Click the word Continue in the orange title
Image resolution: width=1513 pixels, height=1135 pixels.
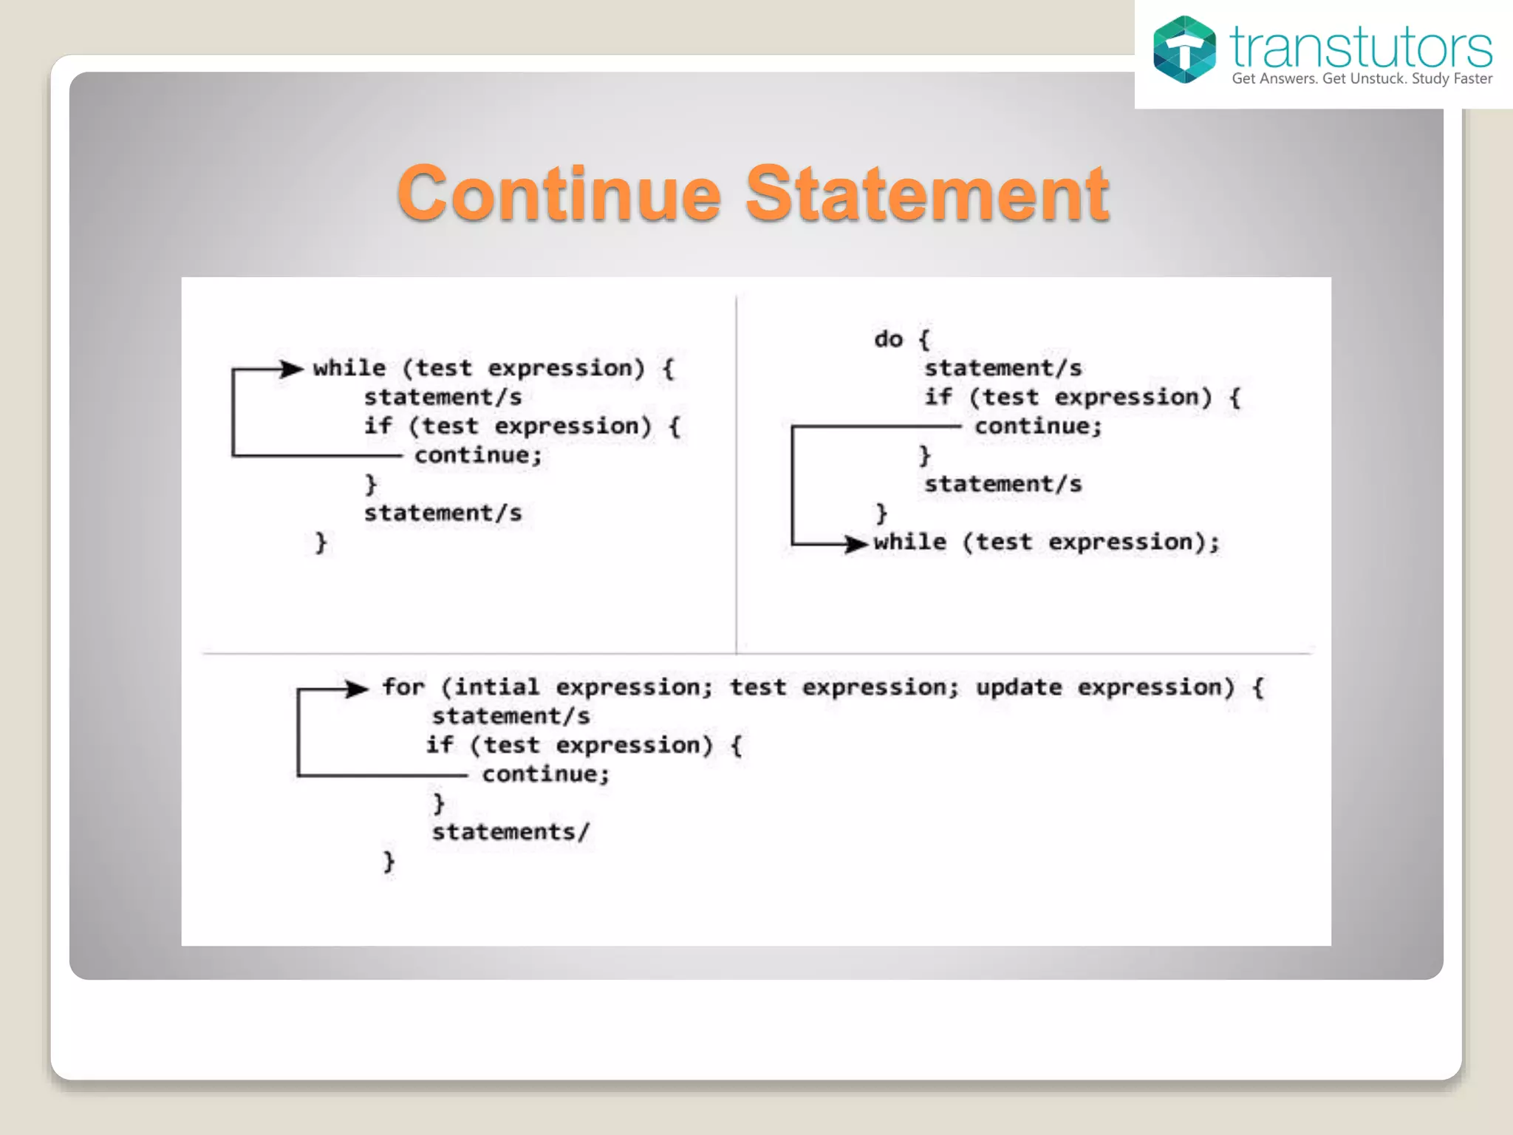[559, 194]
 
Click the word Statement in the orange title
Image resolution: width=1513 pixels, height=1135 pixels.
[926, 194]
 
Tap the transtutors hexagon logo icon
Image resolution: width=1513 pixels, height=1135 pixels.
[1184, 50]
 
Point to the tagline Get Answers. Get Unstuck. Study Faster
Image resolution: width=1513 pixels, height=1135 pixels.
[1362, 79]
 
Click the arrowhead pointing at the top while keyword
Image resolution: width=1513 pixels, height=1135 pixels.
[293, 369]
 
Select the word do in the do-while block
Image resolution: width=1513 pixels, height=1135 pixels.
[889, 339]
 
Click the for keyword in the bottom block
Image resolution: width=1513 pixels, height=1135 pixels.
[403, 687]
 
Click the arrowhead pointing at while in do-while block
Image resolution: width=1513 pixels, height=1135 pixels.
[857, 545]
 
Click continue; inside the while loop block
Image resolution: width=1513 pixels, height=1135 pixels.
[479, 455]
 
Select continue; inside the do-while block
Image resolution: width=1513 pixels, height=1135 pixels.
[1038, 426]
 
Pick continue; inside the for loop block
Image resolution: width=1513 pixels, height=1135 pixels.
[546, 774]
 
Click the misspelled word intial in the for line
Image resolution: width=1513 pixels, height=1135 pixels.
[496, 687]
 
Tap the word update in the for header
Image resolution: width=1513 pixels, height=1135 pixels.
[1019, 687]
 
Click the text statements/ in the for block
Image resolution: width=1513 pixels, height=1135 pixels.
[510, 832]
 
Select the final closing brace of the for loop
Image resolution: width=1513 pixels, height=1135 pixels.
[389, 862]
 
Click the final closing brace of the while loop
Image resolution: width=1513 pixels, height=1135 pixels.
[321, 543]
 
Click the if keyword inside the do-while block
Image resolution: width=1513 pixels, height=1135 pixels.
[938, 397]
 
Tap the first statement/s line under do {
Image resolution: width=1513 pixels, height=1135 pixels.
[1003, 368]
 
